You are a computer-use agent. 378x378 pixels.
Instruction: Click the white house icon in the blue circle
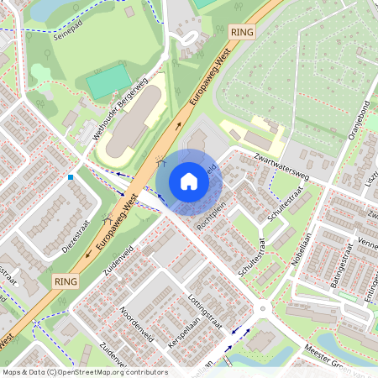coord(189,181)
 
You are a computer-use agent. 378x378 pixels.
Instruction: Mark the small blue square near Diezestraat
coord(71,177)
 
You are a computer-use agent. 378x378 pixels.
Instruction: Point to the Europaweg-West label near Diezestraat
coord(118,223)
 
